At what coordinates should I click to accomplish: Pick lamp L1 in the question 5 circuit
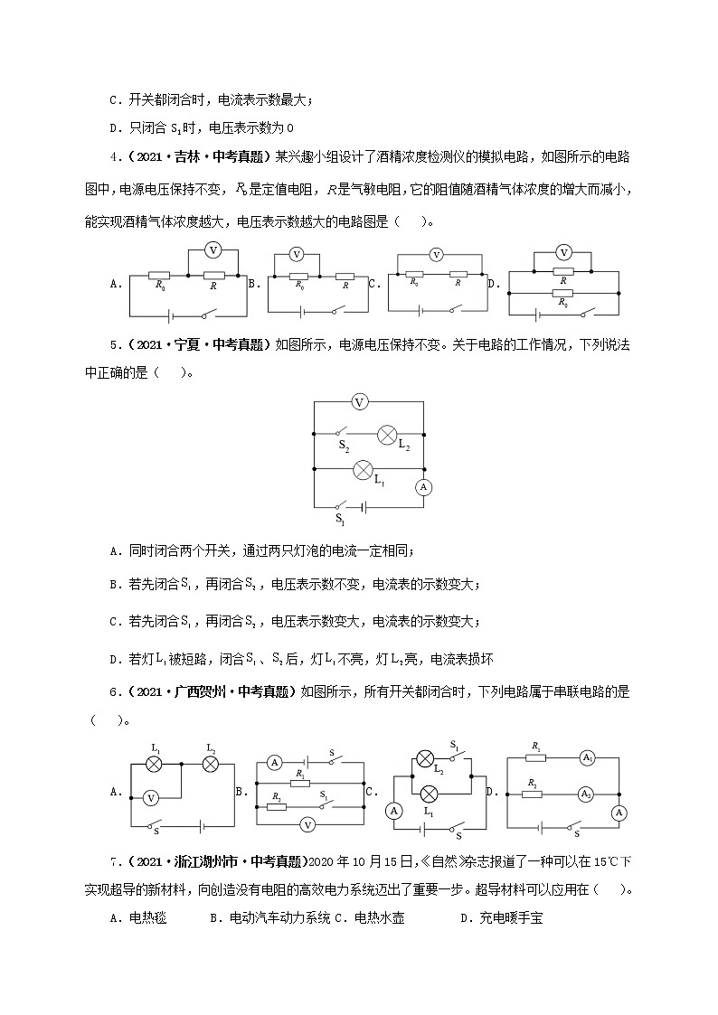click(x=363, y=469)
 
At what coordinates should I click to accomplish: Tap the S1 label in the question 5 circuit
click(x=340, y=519)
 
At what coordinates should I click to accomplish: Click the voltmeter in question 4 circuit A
click(x=213, y=249)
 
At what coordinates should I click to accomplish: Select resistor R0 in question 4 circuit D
click(x=562, y=292)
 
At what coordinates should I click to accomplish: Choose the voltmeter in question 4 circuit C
click(x=435, y=255)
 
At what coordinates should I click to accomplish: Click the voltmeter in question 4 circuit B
click(x=296, y=255)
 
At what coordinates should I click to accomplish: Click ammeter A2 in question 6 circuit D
click(x=587, y=794)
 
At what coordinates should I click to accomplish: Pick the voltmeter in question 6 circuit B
click(x=307, y=823)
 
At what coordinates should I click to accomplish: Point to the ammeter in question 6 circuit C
click(x=394, y=811)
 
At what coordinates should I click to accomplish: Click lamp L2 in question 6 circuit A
click(x=211, y=764)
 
